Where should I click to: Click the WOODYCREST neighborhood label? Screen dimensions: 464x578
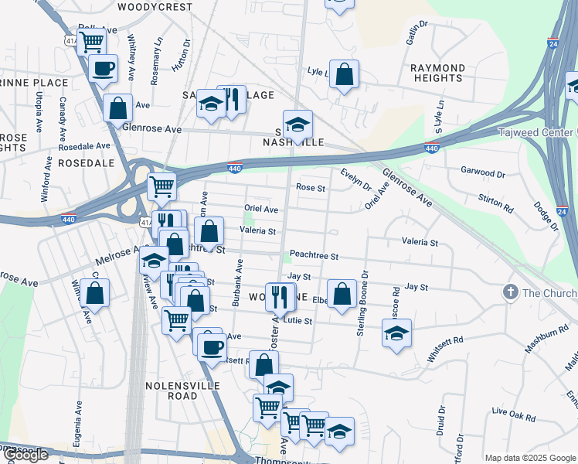point(155,6)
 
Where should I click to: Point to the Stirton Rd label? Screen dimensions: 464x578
point(496,203)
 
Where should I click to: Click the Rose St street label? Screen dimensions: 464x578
point(311,187)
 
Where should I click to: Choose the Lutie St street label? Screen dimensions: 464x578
point(297,320)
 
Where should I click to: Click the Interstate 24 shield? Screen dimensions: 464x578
point(553,44)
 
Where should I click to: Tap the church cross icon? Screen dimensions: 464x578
point(509,292)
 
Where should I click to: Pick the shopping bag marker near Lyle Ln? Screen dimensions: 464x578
point(344,76)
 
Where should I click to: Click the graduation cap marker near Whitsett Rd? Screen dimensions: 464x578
point(396,334)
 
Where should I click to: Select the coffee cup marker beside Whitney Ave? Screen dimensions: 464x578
point(103,69)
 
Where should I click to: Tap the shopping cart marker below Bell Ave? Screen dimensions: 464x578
point(91,42)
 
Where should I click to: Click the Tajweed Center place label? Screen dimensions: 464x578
point(537,130)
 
